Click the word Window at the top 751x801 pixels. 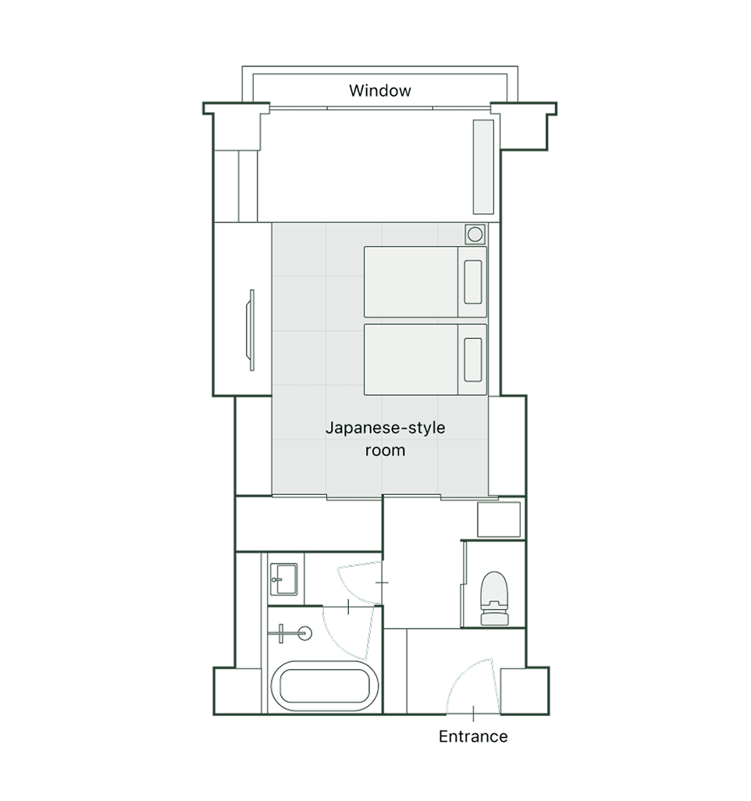379,91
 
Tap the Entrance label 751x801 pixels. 473,736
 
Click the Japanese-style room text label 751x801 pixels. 385,439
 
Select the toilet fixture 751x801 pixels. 494,598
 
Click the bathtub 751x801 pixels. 325,686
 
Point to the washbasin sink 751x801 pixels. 283,578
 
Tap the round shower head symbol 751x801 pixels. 305,633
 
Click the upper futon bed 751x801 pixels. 425,282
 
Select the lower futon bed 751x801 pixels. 425,360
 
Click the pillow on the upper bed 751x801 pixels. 473,282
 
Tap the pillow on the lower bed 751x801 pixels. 473,360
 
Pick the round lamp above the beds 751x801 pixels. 475,234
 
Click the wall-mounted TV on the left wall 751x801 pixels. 251,330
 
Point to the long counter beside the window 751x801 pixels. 483,167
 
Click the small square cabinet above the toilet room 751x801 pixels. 499,519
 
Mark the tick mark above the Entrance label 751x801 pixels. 474,714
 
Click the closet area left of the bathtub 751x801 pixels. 248,610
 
